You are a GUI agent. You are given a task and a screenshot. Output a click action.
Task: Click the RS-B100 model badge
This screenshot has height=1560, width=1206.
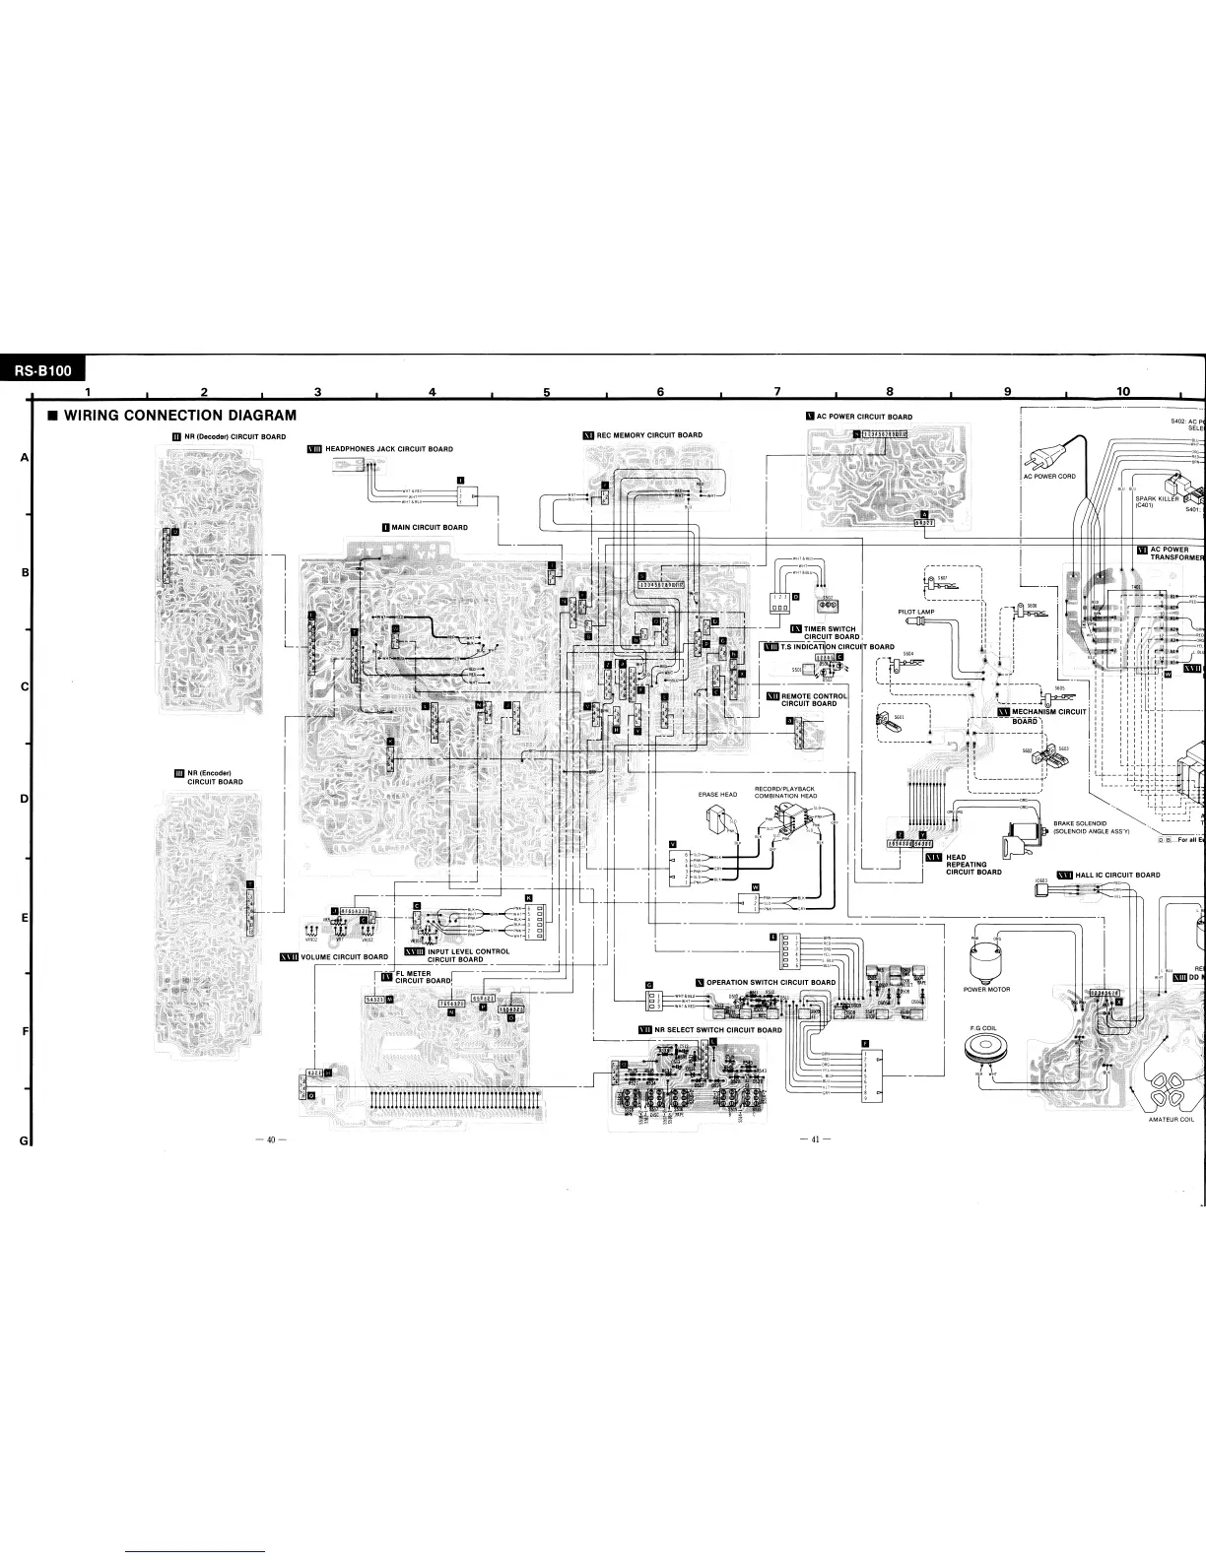point(42,371)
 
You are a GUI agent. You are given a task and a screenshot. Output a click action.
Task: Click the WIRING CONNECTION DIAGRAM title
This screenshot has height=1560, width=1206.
point(179,415)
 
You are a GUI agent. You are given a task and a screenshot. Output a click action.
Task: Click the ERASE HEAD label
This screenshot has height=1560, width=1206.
point(717,794)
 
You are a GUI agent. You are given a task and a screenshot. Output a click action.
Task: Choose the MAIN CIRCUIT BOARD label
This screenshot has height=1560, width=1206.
point(430,527)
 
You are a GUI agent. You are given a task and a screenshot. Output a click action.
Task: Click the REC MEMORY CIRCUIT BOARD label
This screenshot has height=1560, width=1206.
point(649,434)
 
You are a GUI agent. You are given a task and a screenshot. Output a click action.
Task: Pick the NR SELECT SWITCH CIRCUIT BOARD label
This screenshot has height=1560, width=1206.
point(717,1029)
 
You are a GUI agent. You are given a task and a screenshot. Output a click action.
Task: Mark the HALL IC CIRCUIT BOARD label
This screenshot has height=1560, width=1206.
point(1116,875)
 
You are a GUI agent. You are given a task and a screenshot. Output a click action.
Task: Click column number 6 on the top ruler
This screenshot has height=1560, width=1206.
point(660,392)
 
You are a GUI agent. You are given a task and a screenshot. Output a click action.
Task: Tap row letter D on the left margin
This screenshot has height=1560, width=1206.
point(24,798)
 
